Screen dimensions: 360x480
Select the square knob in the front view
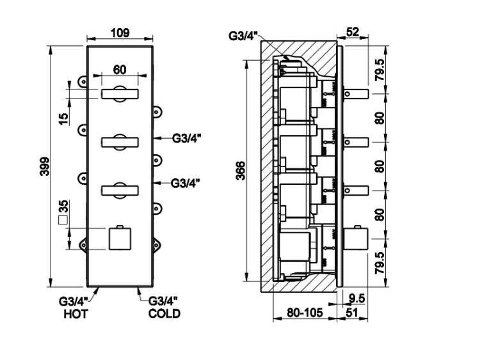[120, 239]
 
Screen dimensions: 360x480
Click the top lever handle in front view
[120, 94]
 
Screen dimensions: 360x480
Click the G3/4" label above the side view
[244, 35]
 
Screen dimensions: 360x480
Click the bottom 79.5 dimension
[380, 263]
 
